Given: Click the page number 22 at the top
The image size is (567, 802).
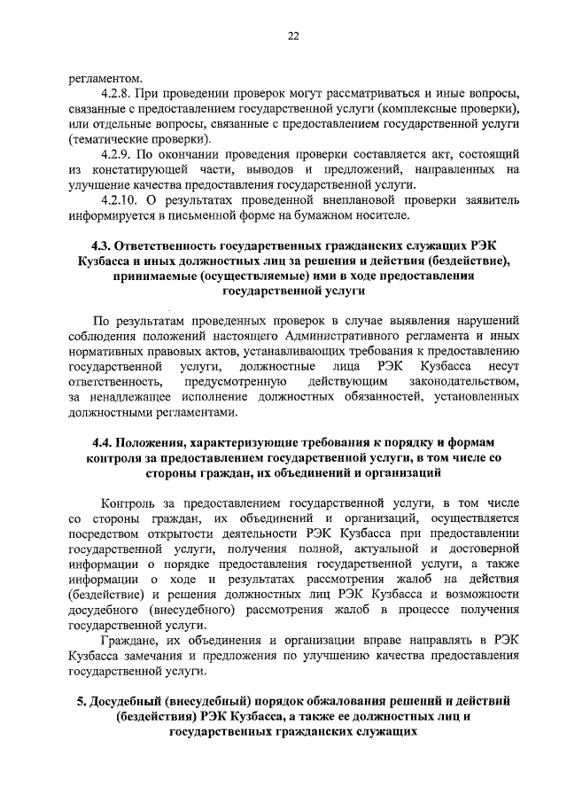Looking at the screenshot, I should (x=292, y=35).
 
